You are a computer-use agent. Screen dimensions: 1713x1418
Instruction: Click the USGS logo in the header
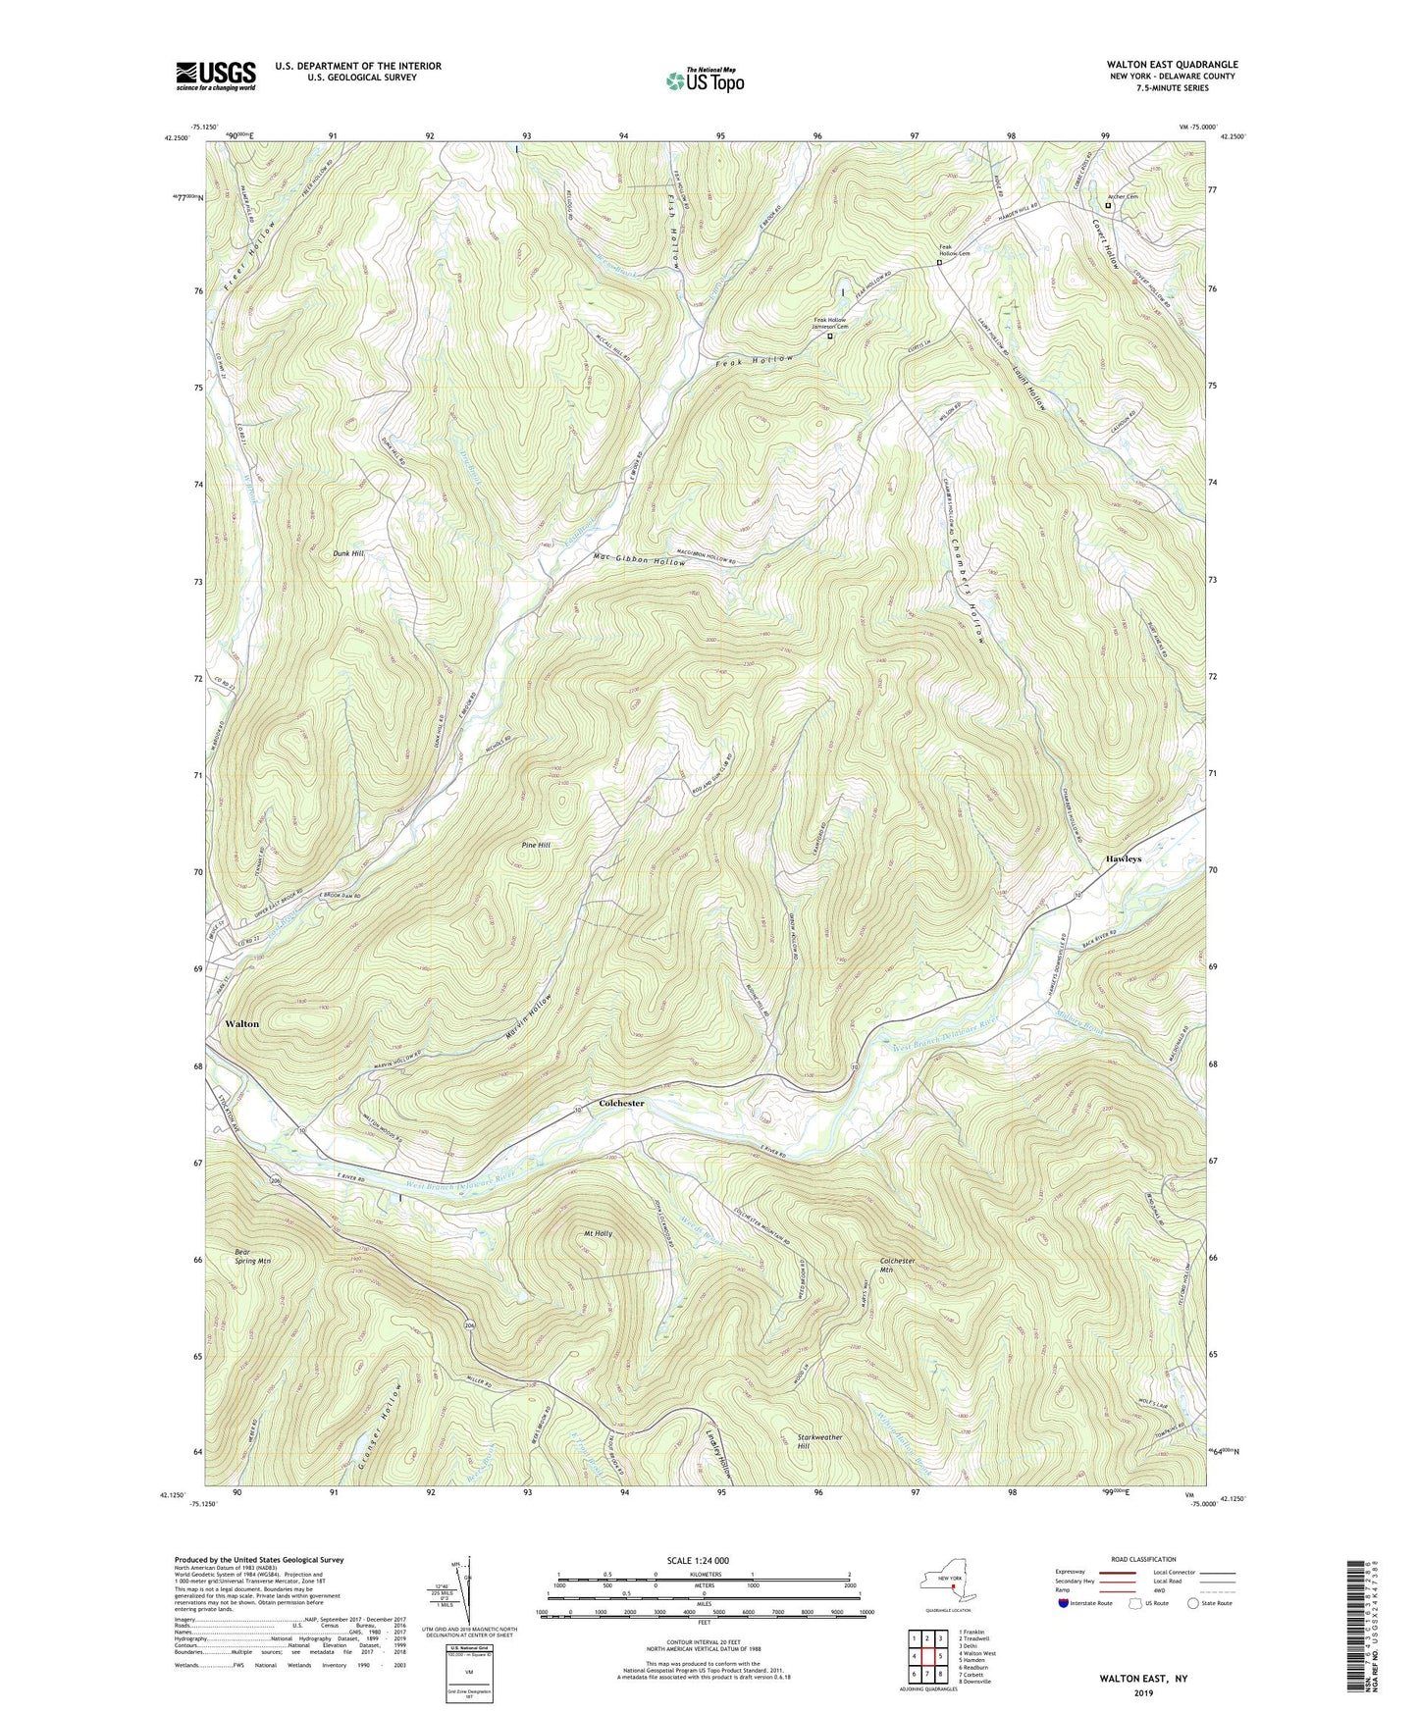[x=216, y=76]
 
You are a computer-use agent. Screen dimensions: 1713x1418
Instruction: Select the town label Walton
[x=242, y=1023]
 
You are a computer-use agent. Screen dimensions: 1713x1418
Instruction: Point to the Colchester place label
[x=621, y=1103]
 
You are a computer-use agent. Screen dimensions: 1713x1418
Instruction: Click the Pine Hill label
[x=536, y=845]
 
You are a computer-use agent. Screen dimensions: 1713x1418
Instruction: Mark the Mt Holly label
[x=598, y=1233]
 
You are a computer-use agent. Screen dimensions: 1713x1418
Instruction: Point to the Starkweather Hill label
[x=819, y=1441]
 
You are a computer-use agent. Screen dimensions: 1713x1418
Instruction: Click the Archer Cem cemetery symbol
[x=1109, y=205]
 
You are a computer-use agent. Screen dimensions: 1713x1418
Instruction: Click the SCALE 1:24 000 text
[x=702, y=1560]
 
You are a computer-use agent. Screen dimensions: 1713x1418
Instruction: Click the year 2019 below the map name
[x=1143, y=1693]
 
